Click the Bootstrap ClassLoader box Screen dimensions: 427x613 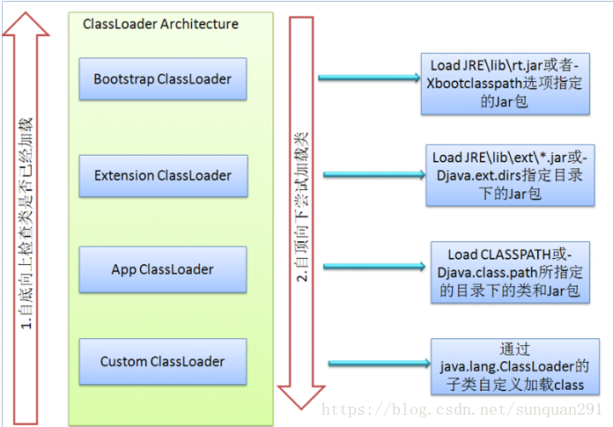point(162,79)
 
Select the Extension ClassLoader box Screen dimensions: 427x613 point(162,175)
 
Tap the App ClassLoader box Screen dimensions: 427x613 point(162,269)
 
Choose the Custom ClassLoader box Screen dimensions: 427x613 point(162,361)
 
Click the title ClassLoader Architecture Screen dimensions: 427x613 point(160,24)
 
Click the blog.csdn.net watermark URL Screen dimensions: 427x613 point(462,410)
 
